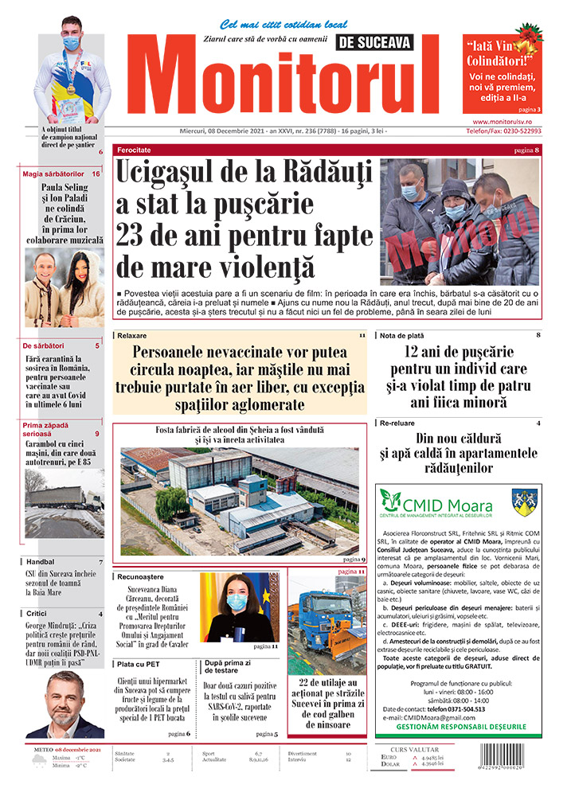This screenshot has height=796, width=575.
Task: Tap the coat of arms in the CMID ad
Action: [523, 503]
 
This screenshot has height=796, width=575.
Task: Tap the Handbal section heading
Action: [41, 562]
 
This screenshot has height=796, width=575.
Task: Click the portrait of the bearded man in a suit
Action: [64, 705]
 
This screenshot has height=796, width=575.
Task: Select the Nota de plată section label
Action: [403, 336]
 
